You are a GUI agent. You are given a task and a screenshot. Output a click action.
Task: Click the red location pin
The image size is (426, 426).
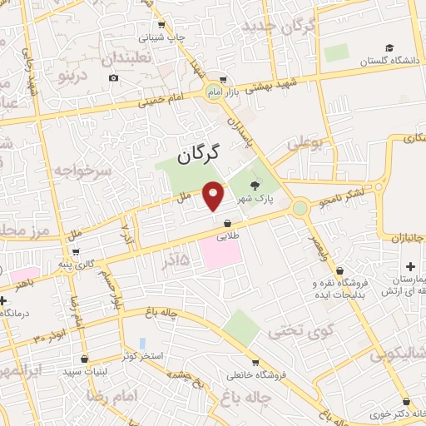tap(215, 196)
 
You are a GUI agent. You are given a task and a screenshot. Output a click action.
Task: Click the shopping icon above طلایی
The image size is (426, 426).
tap(228, 222)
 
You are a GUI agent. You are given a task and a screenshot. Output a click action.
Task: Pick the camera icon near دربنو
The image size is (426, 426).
tap(113, 78)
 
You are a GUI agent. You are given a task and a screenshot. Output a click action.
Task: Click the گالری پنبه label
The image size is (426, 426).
tap(97, 265)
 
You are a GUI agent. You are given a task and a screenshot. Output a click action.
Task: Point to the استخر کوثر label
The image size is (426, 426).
tap(144, 355)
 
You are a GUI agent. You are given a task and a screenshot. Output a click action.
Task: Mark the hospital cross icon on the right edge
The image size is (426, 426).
tap(410, 265)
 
